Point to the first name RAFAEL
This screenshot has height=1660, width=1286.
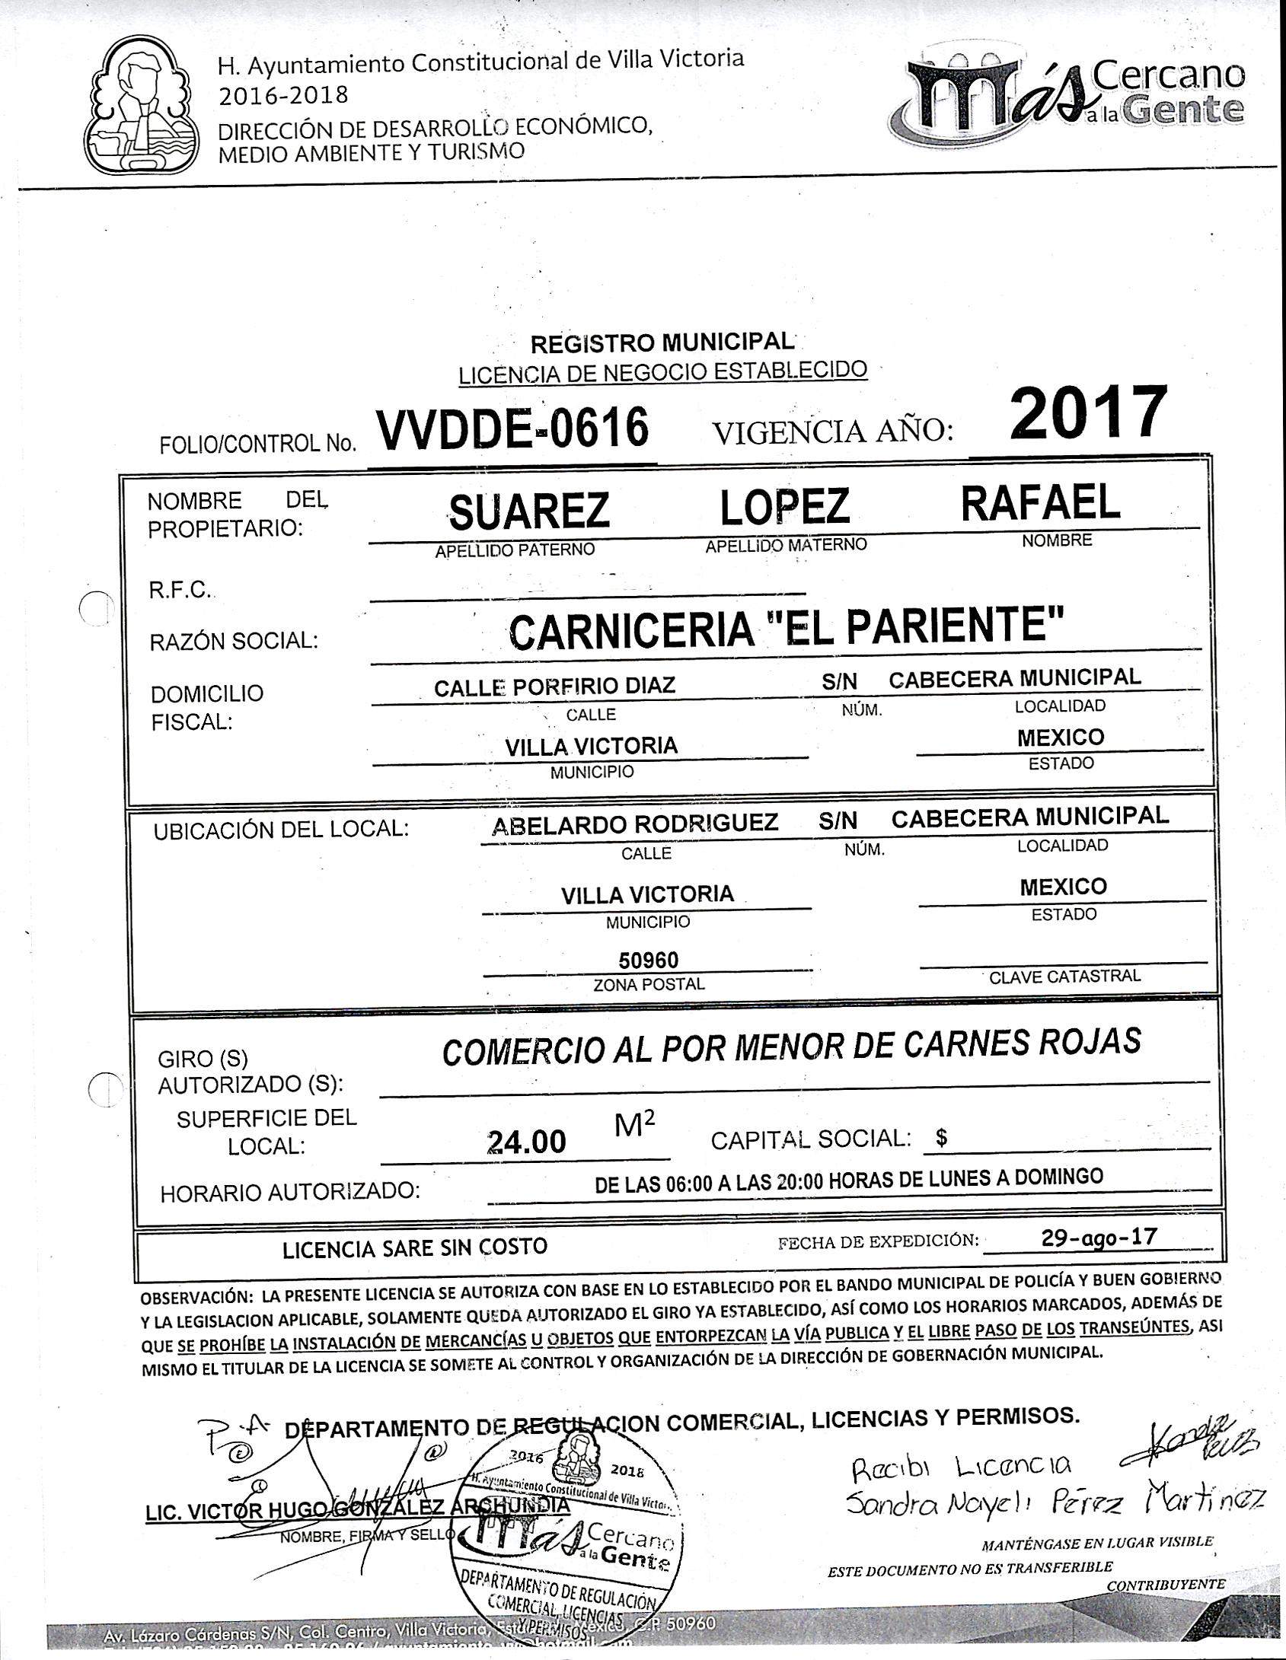click(1040, 503)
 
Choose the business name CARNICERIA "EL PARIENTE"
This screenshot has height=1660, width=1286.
click(785, 629)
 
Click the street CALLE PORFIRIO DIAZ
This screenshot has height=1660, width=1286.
click(554, 687)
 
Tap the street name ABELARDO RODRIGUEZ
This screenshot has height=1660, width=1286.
click(635, 823)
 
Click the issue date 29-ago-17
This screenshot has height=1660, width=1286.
click(1099, 1236)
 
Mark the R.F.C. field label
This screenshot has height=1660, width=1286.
click(180, 590)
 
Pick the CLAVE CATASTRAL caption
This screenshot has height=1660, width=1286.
click(1064, 977)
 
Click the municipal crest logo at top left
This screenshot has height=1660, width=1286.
click(141, 107)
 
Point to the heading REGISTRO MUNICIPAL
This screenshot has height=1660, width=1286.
click(662, 344)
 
